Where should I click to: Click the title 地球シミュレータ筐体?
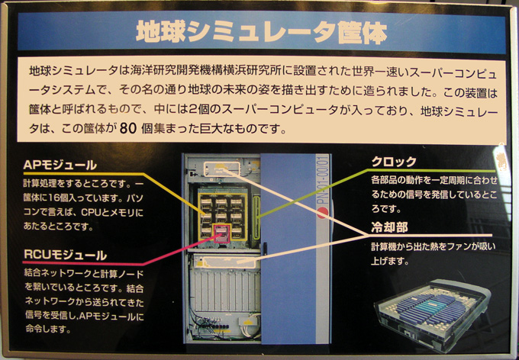click(x=262, y=33)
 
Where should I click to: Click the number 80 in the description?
click(x=128, y=129)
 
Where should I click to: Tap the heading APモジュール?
click(x=60, y=165)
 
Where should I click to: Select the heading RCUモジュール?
click(x=65, y=255)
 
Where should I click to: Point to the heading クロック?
click(x=394, y=162)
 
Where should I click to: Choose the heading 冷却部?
click(x=389, y=227)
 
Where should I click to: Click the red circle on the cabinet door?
click(x=322, y=213)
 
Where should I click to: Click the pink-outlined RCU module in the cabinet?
click(x=222, y=233)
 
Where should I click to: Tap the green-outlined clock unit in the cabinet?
click(x=256, y=217)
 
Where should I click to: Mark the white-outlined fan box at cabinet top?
click(x=221, y=169)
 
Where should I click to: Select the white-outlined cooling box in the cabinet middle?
click(x=225, y=262)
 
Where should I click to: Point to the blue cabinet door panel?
click(x=288, y=248)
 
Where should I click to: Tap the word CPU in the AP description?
click(x=90, y=213)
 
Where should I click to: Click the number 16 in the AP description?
click(x=53, y=198)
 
